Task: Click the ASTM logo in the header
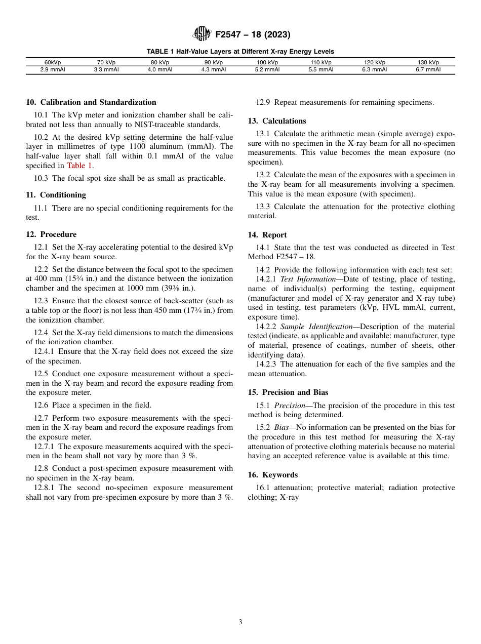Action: (202, 34)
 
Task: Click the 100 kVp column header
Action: (267, 63)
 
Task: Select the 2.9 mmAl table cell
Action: (53, 70)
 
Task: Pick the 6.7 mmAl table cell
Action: (428, 70)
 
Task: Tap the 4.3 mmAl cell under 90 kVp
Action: (214, 70)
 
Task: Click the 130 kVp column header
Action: (428, 63)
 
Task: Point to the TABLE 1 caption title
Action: (240, 52)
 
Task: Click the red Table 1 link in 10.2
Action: (79, 166)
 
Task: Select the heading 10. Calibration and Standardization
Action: (91, 102)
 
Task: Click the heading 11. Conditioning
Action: (56, 195)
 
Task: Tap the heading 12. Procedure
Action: (51, 234)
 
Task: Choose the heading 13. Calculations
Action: (277, 121)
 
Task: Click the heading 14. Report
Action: (267, 235)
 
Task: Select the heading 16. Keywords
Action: (273, 475)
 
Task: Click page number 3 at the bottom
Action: (240, 622)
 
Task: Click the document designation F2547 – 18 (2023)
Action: (253, 35)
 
